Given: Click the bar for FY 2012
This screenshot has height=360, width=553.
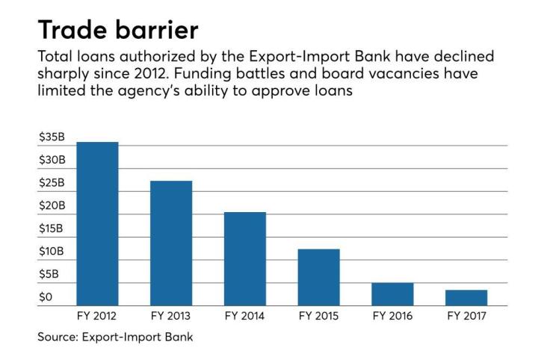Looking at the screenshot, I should click(x=97, y=224).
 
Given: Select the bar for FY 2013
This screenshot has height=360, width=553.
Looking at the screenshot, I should click(x=171, y=243).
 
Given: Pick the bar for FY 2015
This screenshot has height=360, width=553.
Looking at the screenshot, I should click(x=318, y=277).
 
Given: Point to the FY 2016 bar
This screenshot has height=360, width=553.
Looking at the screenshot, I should click(x=392, y=294).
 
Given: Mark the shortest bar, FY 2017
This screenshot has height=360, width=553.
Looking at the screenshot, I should click(x=466, y=298).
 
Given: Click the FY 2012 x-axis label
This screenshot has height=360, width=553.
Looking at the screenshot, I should click(x=97, y=316).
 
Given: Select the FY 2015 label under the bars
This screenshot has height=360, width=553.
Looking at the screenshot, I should click(x=318, y=316).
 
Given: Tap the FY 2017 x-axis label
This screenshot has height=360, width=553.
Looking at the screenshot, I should click(x=466, y=316).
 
